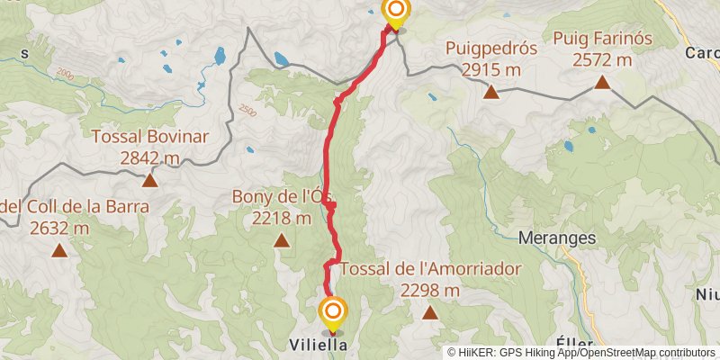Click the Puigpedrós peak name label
(x=491, y=49)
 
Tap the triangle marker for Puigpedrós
(x=491, y=91)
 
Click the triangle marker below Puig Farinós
(x=602, y=84)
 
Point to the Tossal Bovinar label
(x=150, y=138)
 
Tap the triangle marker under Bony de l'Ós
(x=282, y=240)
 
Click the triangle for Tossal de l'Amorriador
(x=429, y=313)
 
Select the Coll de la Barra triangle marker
(x=59, y=251)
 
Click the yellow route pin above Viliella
(x=333, y=313)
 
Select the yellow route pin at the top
(x=395, y=13)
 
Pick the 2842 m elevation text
(x=150, y=158)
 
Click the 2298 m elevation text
(x=429, y=290)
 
